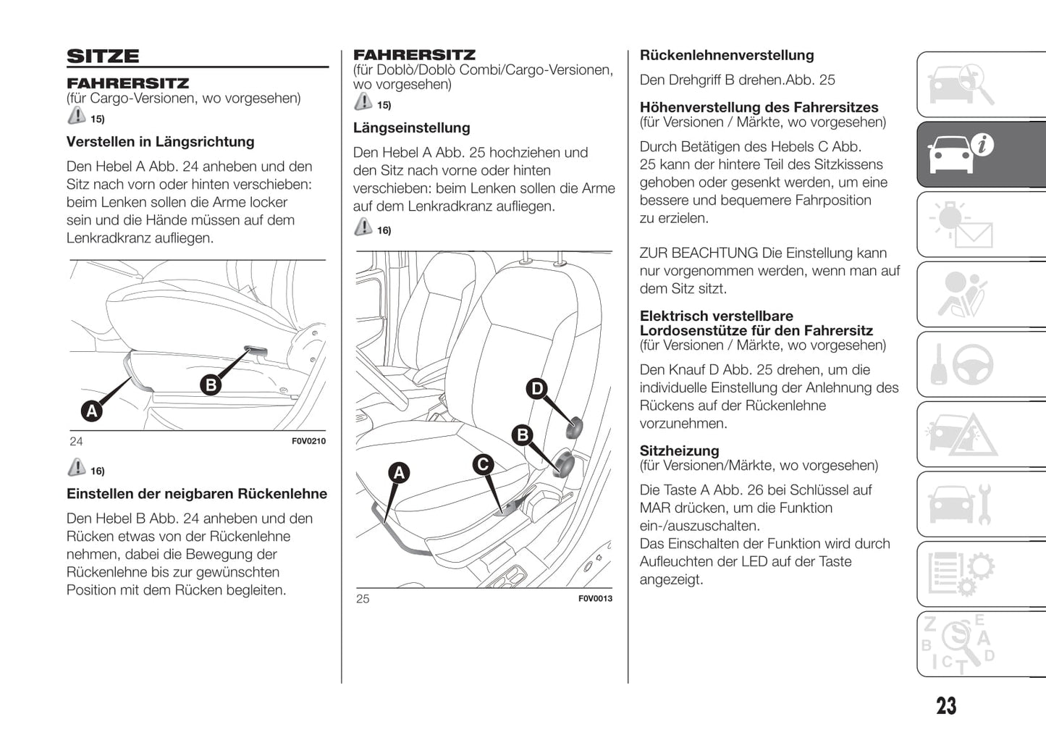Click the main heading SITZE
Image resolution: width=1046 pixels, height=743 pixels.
tap(103, 56)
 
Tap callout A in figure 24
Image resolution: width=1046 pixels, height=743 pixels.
tap(91, 411)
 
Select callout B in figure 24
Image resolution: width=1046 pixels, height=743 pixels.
tap(211, 385)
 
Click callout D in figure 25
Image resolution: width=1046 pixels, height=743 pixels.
tap(537, 389)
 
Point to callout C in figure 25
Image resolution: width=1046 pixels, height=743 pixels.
tap(483, 464)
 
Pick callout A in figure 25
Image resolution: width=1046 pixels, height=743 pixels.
tap(399, 473)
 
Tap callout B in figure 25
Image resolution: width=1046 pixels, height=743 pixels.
tap(522, 435)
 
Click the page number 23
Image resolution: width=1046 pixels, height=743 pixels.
tap(945, 706)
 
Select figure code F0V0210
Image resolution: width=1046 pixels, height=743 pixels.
tap(308, 441)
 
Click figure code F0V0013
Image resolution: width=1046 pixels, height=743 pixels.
tap(595, 598)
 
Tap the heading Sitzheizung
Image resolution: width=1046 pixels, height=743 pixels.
tap(679, 450)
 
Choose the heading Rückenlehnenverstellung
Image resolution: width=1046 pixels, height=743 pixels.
tap(726, 56)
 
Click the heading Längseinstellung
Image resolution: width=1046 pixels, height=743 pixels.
tap(411, 128)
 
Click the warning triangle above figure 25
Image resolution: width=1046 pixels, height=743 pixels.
tap(363, 227)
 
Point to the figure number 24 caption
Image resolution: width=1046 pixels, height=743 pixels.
tap(76, 441)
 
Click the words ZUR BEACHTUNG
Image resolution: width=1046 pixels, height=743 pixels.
tap(699, 253)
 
